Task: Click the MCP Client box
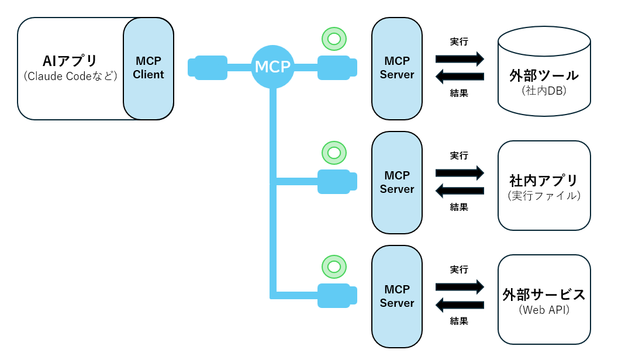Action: (149, 68)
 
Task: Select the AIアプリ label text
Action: (70, 61)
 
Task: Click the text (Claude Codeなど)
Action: (71, 77)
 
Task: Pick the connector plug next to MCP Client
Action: (208, 67)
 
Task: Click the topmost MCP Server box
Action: (396, 68)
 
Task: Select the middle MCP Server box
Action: (396, 182)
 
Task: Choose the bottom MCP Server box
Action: (396, 296)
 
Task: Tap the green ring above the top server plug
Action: (334, 39)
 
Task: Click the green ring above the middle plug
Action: (334, 153)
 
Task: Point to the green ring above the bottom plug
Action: (334, 267)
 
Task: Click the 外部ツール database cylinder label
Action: (544, 76)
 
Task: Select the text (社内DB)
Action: (544, 91)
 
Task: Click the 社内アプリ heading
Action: (544, 180)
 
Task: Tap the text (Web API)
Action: (544, 310)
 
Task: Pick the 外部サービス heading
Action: (544, 294)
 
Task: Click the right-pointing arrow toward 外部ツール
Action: (460, 58)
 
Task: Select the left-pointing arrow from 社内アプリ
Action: (460, 191)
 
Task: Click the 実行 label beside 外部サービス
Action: (459, 270)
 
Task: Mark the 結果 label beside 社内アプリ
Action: (459, 207)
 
